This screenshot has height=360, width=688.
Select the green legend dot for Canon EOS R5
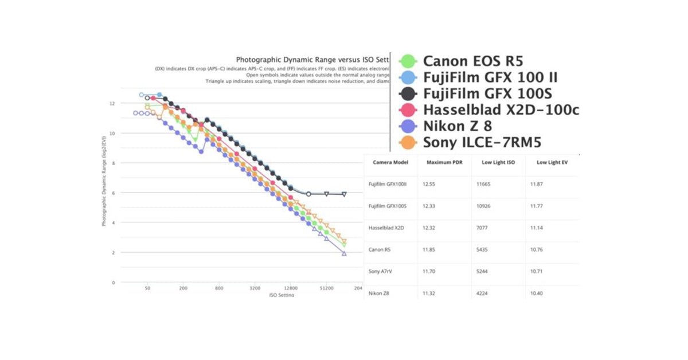408,61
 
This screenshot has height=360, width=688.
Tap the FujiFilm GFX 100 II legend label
490,77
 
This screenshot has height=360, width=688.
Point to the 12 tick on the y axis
112,104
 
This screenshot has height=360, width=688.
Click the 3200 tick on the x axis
255,288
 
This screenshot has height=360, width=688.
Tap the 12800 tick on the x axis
290,288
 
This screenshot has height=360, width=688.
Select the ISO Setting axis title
282,295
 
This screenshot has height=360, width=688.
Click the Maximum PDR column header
444,162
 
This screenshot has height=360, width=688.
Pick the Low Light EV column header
552,162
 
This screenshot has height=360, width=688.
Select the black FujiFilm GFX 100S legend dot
408,94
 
